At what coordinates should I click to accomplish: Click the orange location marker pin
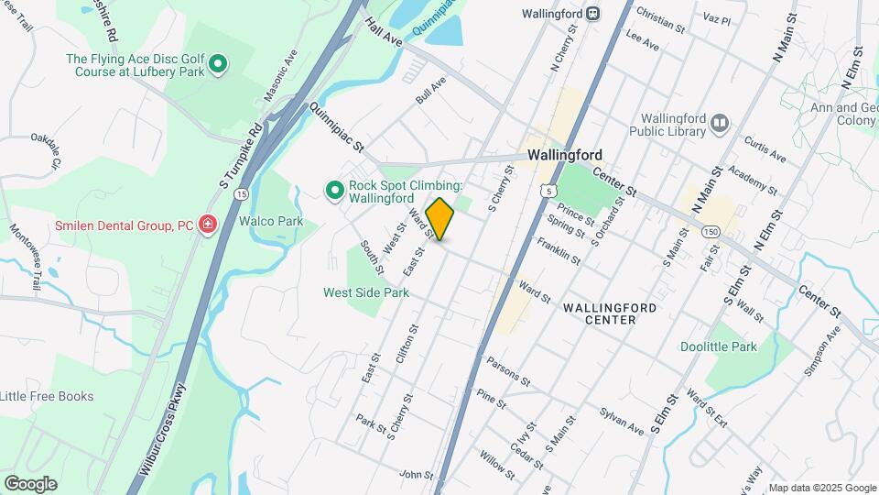[x=440, y=219]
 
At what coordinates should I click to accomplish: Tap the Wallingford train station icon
[x=593, y=14]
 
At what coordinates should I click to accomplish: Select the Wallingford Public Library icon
[x=720, y=122]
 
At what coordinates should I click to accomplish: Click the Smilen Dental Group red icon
[x=208, y=225]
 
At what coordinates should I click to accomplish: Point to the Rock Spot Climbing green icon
[x=334, y=190]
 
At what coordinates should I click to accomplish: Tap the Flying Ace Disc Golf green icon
[x=218, y=64]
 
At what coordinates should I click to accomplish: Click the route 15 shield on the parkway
[x=240, y=194]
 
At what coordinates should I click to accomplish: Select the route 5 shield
[x=547, y=191]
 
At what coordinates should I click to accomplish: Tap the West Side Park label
[x=366, y=292]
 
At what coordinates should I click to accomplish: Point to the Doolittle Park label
[x=719, y=346]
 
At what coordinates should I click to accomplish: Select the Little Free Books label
[x=47, y=396]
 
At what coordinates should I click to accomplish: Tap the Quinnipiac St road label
[x=337, y=127]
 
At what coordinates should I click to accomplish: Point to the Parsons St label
[x=509, y=370]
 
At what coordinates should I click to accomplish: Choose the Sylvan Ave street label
[x=623, y=420]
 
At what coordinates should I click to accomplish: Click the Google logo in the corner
[x=30, y=484]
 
